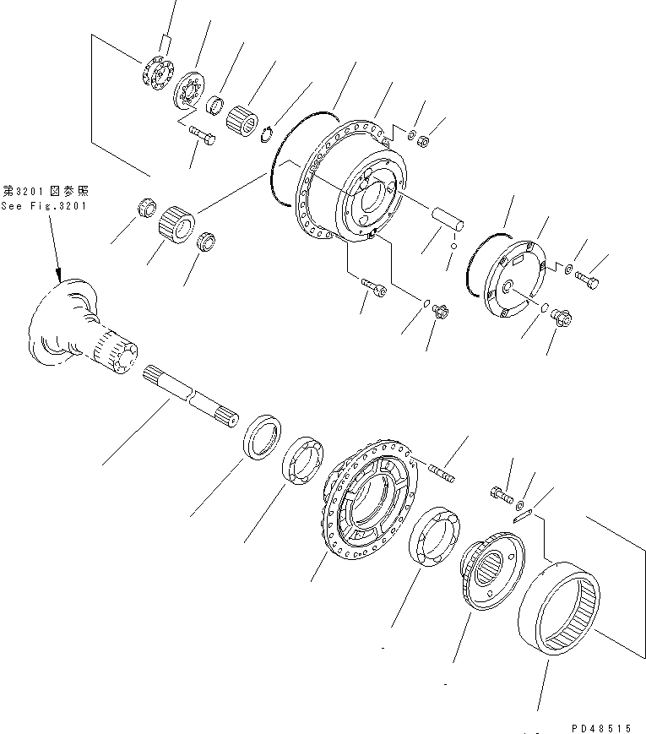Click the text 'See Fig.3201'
coord(44,205)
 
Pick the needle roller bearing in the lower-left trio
coord(177,224)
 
